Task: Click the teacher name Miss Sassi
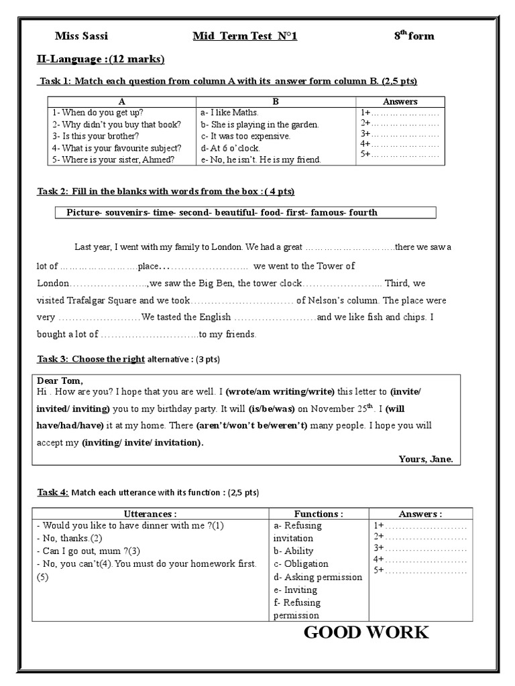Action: point(80,36)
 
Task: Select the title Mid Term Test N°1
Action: point(245,36)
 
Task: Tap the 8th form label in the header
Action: point(414,36)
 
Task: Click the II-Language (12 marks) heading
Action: point(100,60)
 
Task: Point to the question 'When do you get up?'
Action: point(98,113)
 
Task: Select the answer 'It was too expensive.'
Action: point(245,136)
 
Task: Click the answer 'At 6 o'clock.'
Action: point(230,148)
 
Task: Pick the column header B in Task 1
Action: point(276,101)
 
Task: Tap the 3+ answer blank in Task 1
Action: point(400,133)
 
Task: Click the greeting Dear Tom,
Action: point(59,381)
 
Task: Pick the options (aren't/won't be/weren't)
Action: point(251,425)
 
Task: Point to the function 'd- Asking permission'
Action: point(317,577)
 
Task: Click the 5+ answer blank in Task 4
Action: point(420,570)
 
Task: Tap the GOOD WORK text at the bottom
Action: point(366,632)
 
